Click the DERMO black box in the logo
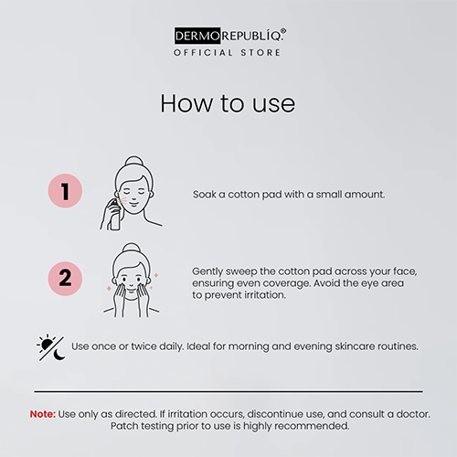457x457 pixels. coord(197,36)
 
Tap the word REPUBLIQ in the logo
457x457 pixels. coord(252,36)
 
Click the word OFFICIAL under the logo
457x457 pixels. coord(203,53)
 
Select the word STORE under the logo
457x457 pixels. coord(260,53)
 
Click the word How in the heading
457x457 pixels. coord(187,103)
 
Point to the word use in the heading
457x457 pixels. coord(273,105)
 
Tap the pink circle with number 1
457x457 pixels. coord(65,191)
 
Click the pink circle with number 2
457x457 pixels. coord(65,279)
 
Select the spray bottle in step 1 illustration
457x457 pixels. coord(114,214)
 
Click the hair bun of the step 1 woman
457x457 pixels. coord(134,161)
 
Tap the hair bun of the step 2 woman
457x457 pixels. coord(132,248)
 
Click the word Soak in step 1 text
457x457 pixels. coord(205,195)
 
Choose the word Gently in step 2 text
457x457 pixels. coord(207,271)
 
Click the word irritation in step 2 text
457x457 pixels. coord(265,295)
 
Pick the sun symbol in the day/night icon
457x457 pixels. coord(48,345)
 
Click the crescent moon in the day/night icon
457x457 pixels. coord(59,355)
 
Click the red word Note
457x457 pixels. coord(43,414)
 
